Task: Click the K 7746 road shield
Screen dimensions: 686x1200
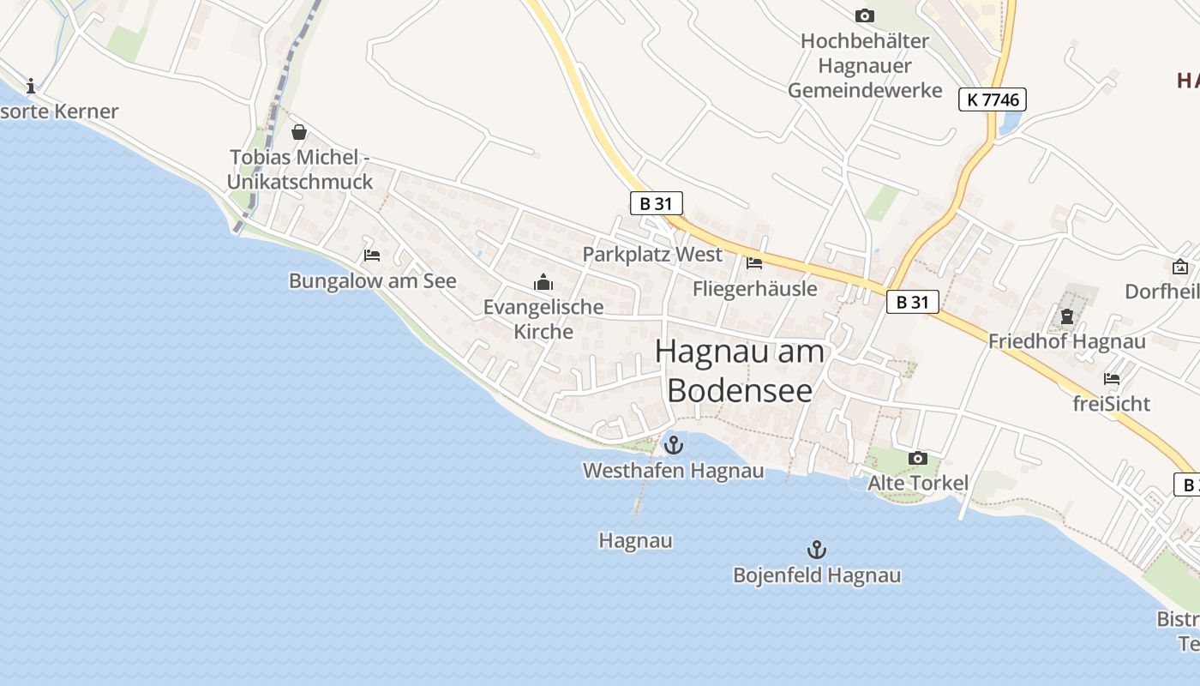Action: point(993,99)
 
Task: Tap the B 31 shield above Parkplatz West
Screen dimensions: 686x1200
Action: point(656,203)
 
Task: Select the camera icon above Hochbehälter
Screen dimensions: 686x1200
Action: point(865,15)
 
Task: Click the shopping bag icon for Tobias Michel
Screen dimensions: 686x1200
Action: point(299,132)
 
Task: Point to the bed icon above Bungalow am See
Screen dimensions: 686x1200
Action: point(372,256)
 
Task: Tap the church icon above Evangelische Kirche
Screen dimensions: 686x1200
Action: point(543,282)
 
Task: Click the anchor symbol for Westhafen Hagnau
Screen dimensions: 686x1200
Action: point(674,445)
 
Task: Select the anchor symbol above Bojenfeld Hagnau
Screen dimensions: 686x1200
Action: point(817,550)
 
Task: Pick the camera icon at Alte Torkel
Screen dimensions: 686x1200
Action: point(918,459)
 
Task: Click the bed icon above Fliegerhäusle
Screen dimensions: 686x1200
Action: point(754,262)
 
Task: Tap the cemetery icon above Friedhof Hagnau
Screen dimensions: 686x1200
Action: point(1067,317)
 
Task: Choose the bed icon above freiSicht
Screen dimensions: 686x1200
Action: point(1112,378)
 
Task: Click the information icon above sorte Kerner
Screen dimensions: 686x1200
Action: point(31,86)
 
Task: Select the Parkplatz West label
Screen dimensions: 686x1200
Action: point(652,255)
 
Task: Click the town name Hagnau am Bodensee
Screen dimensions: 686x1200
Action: point(740,370)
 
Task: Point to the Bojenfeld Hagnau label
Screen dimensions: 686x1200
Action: point(817,575)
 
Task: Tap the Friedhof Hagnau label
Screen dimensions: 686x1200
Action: point(1066,341)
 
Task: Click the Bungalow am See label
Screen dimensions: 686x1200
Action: point(372,281)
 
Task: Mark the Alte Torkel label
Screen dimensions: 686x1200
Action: point(918,484)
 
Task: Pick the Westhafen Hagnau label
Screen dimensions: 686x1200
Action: point(673,471)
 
